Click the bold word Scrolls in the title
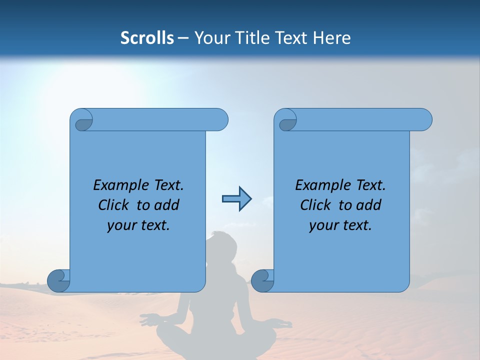pyautogui.click(x=147, y=38)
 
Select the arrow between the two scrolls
pyautogui.click(x=236, y=199)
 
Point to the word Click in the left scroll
pyautogui.click(x=116, y=205)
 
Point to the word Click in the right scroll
pyautogui.click(x=318, y=205)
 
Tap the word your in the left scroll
pyautogui.click(x=121, y=225)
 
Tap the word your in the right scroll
pyautogui.click(x=323, y=225)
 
